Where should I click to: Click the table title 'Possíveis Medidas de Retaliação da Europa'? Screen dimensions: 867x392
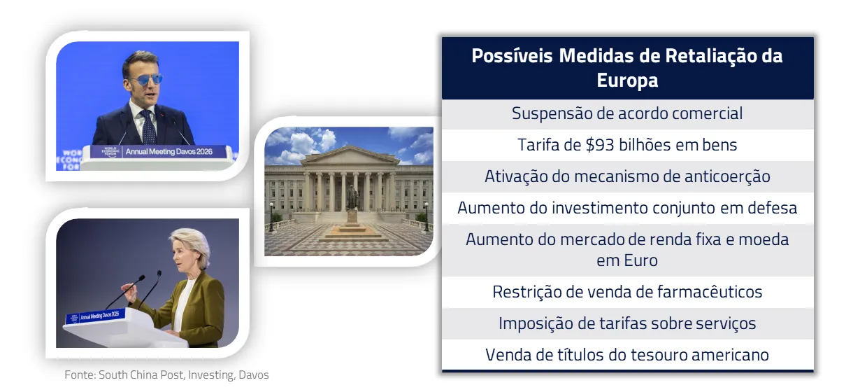click(x=627, y=68)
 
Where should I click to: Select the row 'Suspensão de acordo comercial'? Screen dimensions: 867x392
click(x=627, y=113)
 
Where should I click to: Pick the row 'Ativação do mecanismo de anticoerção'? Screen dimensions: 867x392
click(x=627, y=176)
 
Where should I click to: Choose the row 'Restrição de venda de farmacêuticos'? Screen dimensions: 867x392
click(x=627, y=292)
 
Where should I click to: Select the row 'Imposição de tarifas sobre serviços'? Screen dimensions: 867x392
click(x=627, y=323)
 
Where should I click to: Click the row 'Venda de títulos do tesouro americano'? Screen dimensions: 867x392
click(x=627, y=355)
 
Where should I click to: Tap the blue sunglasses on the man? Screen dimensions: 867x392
click(x=145, y=79)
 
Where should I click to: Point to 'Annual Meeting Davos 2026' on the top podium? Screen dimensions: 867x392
click(x=169, y=152)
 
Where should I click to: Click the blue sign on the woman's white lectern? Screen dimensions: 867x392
click(x=96, y=316)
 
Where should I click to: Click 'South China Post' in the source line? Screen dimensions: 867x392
click(x=142, y=375)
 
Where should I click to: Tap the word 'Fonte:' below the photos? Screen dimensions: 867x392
click(x=80, y=375)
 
